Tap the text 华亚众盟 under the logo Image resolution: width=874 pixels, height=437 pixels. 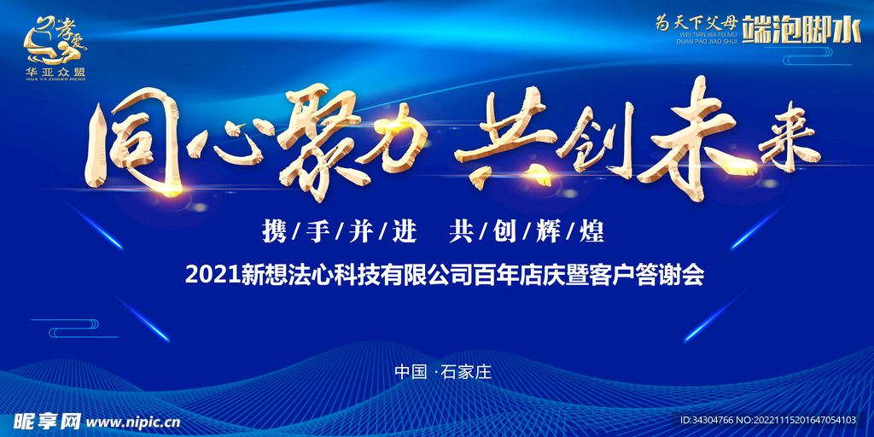point(55,72)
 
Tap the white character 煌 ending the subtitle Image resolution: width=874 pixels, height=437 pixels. point(591,230)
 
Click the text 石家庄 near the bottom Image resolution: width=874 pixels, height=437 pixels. point(469,372)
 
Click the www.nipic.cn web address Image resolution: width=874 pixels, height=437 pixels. point(133,422)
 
